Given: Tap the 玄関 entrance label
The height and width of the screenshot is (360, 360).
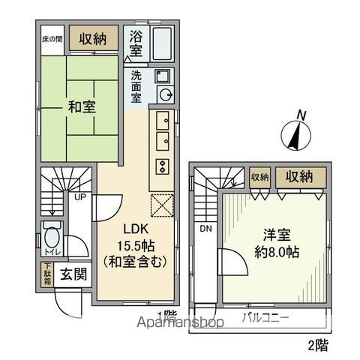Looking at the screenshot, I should click(x=71, y=273).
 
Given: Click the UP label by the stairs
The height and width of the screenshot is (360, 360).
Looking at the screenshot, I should click(x=77, y=197).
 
